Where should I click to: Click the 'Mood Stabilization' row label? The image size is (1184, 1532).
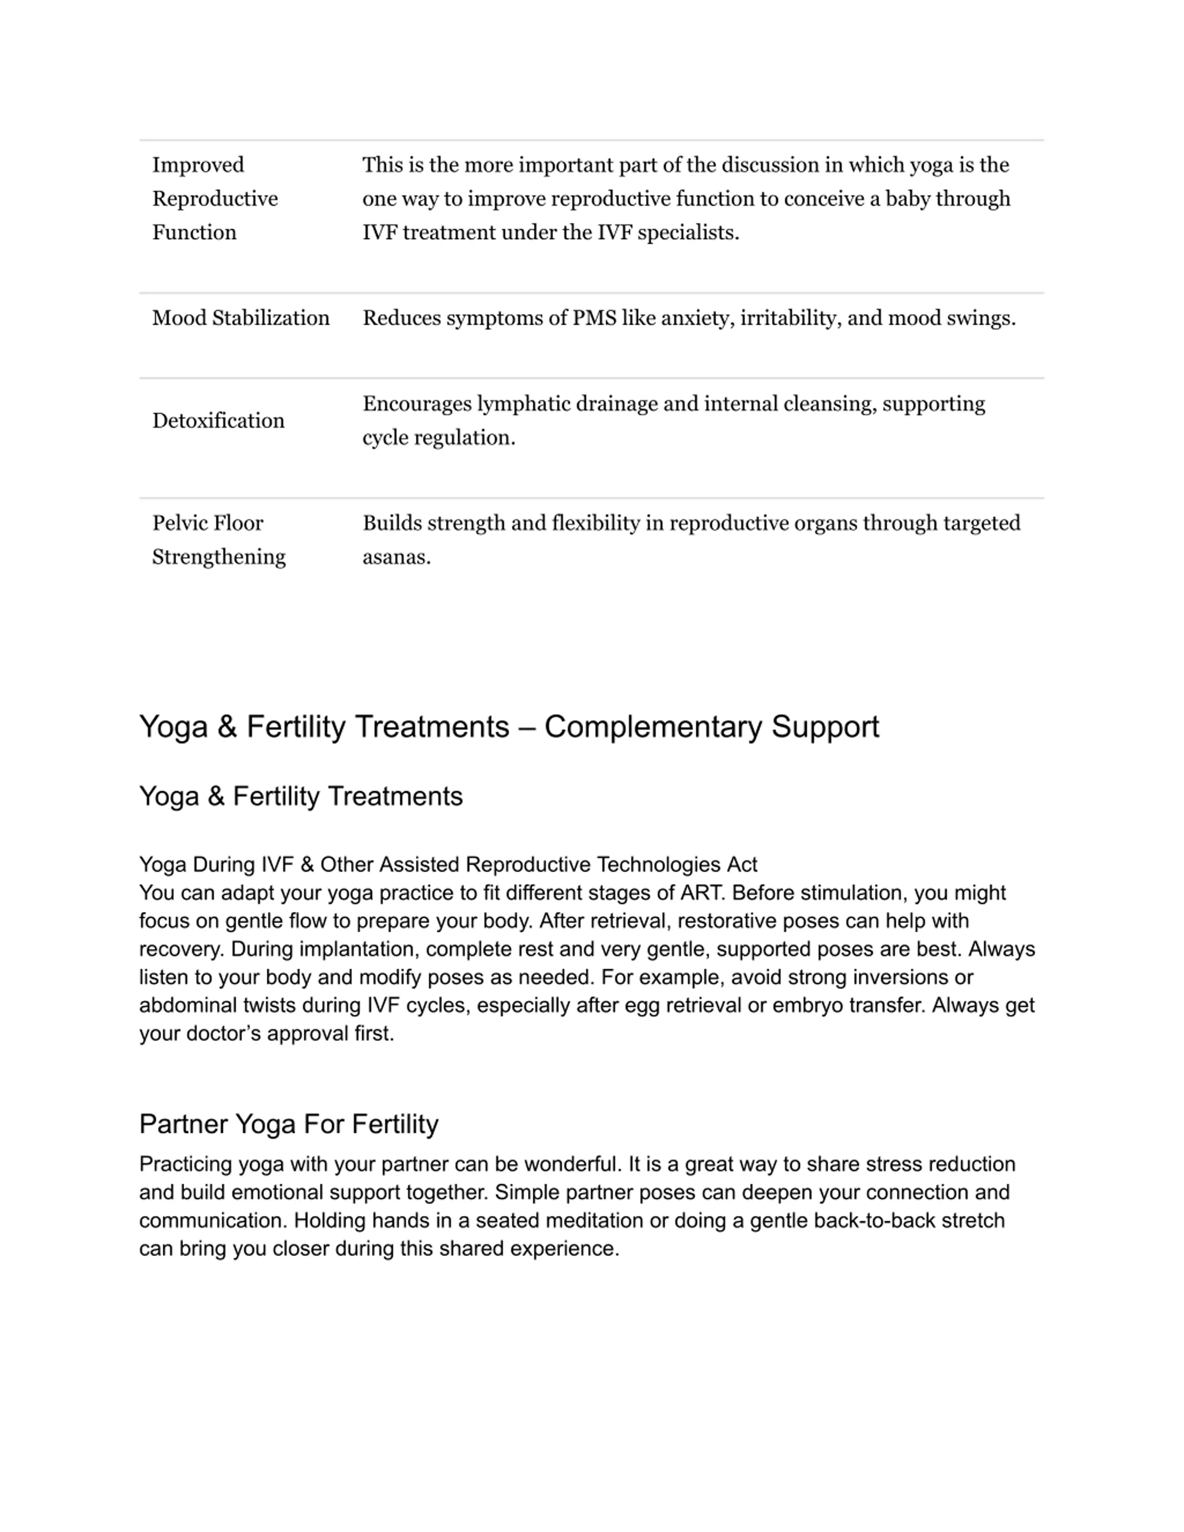(x=240, y=319)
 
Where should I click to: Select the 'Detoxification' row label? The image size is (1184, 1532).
(x=218, y=421)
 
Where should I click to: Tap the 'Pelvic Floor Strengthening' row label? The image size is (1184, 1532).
(x=218, y=540)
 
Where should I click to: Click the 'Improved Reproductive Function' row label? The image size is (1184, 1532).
(x=215, y=198)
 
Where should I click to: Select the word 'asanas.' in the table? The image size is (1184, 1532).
(x=396, y=558)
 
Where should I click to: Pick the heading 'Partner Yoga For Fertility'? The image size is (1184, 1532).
(x=288, y=1124)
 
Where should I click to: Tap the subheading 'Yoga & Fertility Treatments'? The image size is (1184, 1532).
(x=301, y=796)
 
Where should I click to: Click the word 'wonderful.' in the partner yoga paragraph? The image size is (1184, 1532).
(x=573, y=1164)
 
